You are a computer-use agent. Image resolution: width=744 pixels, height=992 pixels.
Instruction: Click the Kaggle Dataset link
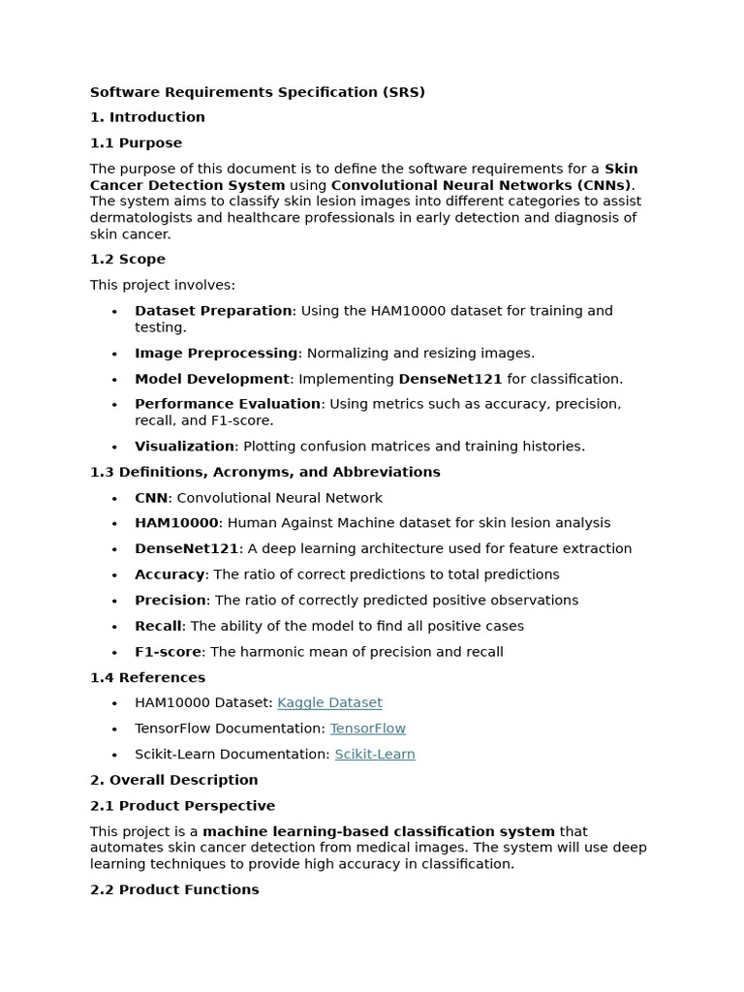point(329,702)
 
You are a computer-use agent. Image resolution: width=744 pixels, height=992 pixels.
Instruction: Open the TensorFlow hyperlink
point(367,728)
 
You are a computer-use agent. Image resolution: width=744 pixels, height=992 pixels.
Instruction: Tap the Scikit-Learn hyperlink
point(374,754)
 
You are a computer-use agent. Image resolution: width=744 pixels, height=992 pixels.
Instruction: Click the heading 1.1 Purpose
point(136,143)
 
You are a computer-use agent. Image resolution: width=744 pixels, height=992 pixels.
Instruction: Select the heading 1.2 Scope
point(128,260)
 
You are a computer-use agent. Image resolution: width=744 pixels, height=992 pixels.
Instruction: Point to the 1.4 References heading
point(147,677)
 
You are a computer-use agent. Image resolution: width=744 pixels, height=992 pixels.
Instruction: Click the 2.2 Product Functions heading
point(174,889)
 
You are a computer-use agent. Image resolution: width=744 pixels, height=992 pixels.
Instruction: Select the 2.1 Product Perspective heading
point(182,806)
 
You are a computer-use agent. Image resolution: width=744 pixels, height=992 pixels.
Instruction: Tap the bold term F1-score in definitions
point(168,652)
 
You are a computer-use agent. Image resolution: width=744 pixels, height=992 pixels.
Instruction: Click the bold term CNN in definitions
point(151,498)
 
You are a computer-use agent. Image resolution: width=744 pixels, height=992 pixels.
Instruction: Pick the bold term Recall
point(158,626)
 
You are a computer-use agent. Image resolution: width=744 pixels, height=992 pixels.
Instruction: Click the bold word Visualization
point(184,447)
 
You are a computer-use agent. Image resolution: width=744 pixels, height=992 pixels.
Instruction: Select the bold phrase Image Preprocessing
point(216,354)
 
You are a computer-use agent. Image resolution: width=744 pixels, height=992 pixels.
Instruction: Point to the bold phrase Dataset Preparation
point(213,311)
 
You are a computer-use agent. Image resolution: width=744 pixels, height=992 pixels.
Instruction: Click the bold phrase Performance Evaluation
point(228,404)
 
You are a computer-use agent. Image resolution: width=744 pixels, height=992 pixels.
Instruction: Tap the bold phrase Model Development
point(212,379)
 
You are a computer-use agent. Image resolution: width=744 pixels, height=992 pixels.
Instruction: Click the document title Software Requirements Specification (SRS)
point(258,93)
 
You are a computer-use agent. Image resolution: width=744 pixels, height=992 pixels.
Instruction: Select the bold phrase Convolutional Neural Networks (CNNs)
point(480,185)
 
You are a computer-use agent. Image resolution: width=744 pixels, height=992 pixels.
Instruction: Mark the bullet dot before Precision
point(114,602)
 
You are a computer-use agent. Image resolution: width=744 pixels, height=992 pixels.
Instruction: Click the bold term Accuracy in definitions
point(170,574)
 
